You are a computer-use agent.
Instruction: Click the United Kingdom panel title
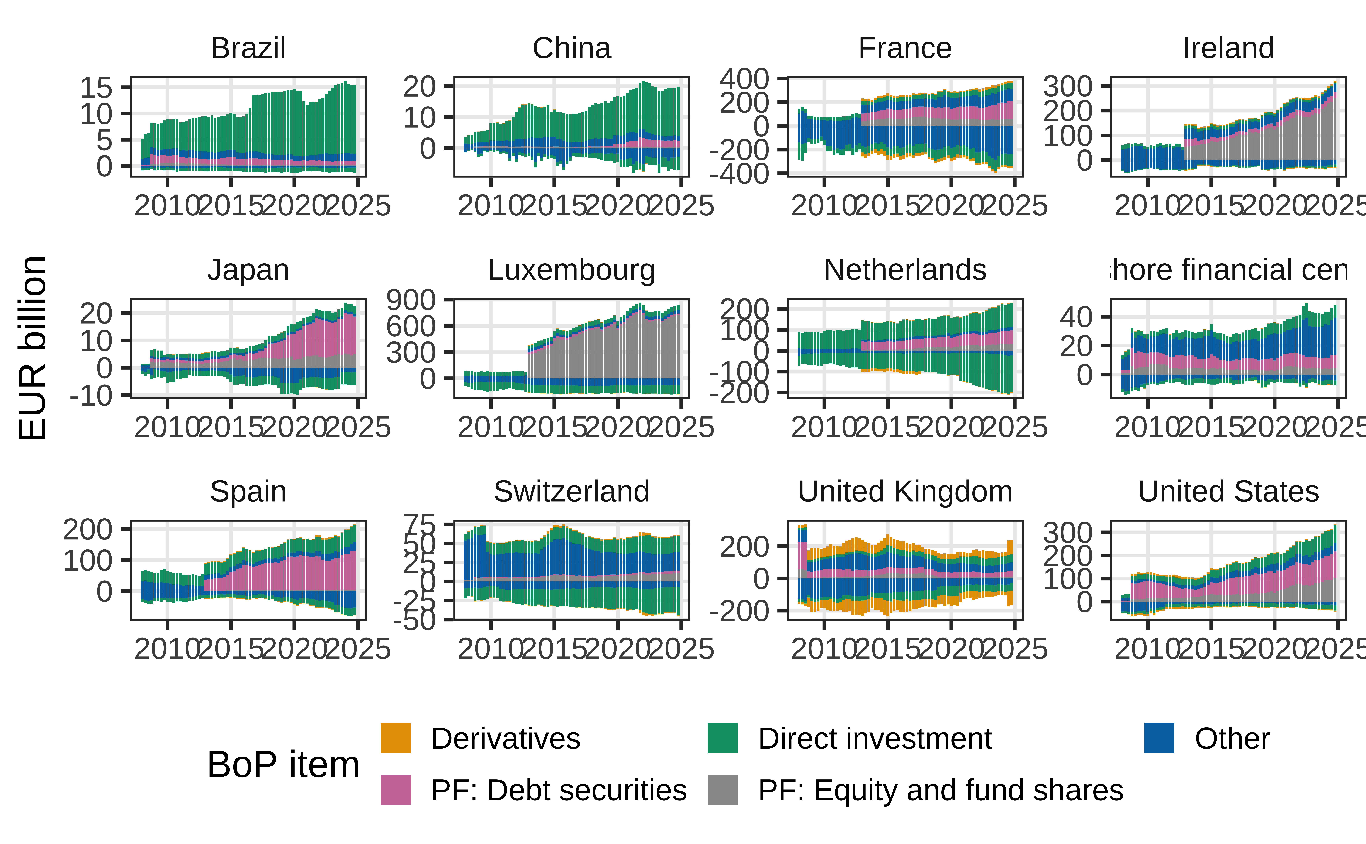[x=905, y=492]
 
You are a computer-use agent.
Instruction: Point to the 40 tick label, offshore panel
[x=1076, y=317]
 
